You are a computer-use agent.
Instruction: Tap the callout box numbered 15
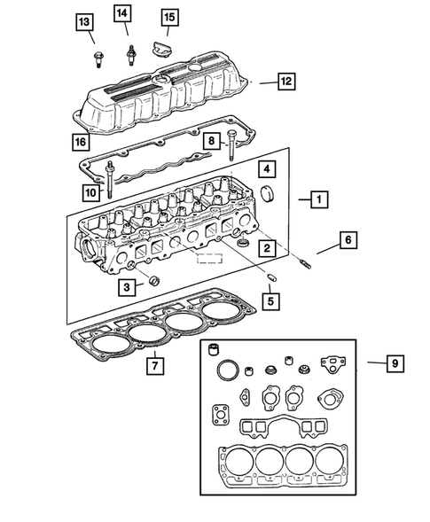point(168,17)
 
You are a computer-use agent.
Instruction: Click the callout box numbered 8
point(212,141)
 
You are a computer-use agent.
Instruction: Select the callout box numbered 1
point(316,199)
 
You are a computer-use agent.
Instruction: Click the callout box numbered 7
point(154,364)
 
